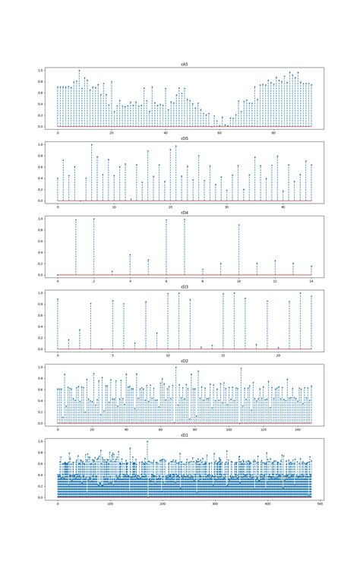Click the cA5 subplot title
(x=185, y=65)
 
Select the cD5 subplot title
(x=185, y=138)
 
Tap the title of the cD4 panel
(x=185, y=213)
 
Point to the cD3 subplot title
(x=185, y=287)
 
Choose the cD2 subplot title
(x=185, y=362)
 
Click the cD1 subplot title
(x=185, y=435)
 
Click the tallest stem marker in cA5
(x=79, y=71)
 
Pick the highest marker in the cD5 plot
(x=91, y=144)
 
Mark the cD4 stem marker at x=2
(x=94, y=219)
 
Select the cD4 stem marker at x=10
(x=239, y=225)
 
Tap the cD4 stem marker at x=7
(x=185, y=219)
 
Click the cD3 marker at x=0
(x=58, y=299)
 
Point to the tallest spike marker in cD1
(x=147, y=441)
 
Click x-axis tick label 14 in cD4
(x=311, y=281)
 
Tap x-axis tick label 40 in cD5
(x=283, y=207)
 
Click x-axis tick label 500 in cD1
(x=320, y=504)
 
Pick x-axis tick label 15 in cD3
(x=223, y=355)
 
